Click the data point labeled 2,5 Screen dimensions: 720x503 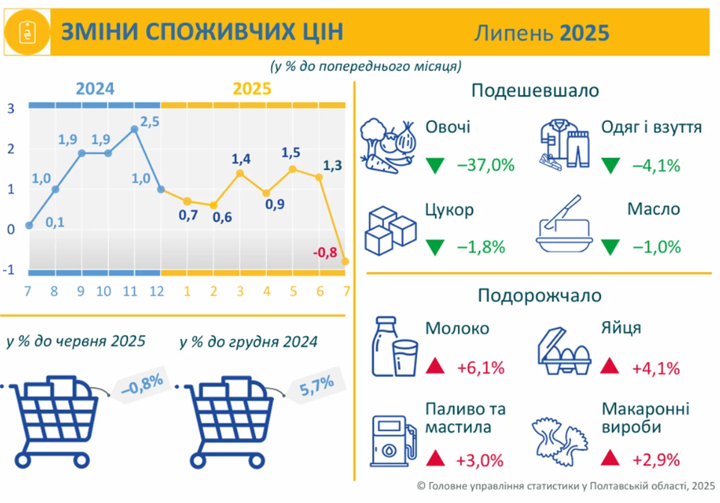[x=134, y=129]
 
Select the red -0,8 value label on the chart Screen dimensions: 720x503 [x=325, y=252]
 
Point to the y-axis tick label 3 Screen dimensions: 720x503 [x=10, y=109]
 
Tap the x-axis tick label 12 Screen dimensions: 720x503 [x=156, y=291]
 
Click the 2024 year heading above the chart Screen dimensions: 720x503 [x=95, y=88]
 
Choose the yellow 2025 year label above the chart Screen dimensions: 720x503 [x=252, y=88]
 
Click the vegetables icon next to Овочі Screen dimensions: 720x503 [x=388, y=146]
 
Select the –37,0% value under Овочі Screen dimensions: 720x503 [x=486, y=165]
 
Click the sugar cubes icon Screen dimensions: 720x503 [x=390, y=231]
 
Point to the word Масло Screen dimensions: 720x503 [x=653, y=209]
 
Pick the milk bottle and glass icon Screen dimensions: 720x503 [x=394, y=347]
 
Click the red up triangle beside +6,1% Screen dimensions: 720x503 [x=435, y=366]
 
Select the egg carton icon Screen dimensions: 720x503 [x=564, y=351]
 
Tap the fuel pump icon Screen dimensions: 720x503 [x=394, y=441]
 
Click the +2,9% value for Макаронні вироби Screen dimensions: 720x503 [x=656, y=460]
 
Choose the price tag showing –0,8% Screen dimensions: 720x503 [x=139, y=385]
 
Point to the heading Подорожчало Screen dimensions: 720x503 [x=540, y=296]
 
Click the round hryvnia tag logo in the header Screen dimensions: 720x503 [x=27, y=32]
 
